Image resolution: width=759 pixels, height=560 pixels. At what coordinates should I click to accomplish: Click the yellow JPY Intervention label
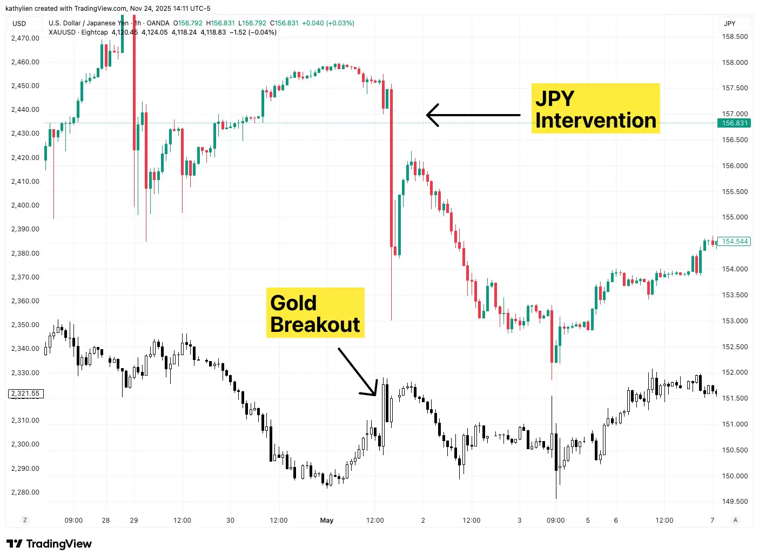595,108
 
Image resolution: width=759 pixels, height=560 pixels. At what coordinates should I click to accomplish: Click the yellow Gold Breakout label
315,313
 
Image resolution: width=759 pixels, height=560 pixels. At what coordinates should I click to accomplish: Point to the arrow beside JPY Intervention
473,115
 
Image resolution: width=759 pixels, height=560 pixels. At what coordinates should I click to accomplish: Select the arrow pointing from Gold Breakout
357,371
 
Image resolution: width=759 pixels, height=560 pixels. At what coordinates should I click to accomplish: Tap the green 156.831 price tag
735,123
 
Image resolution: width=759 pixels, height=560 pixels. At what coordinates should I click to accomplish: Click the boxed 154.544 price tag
735,242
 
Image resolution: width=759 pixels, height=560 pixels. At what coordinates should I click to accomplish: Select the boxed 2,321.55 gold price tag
25,394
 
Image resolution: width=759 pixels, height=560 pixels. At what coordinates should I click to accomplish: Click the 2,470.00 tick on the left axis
25,38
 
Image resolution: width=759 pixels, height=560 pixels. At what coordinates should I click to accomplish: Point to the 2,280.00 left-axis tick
25,492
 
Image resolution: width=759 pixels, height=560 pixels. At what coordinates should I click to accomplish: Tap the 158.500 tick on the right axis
735,37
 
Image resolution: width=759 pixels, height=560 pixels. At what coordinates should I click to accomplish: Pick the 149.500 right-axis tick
735,502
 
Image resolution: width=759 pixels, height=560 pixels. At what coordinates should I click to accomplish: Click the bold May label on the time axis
327,521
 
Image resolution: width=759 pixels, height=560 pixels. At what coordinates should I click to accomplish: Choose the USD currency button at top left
19,23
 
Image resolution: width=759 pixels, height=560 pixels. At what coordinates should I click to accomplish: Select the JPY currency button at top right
730,23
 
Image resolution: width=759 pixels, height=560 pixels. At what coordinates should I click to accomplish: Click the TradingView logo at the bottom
49,544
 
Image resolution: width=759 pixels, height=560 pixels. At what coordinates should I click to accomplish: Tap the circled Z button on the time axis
25,520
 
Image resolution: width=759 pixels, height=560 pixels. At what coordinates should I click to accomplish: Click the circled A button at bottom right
735,520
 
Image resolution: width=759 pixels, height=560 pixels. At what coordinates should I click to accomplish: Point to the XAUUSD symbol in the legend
62,32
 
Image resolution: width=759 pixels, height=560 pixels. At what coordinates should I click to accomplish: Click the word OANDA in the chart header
158,23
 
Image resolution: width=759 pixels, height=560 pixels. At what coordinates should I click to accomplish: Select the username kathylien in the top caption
19,9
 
